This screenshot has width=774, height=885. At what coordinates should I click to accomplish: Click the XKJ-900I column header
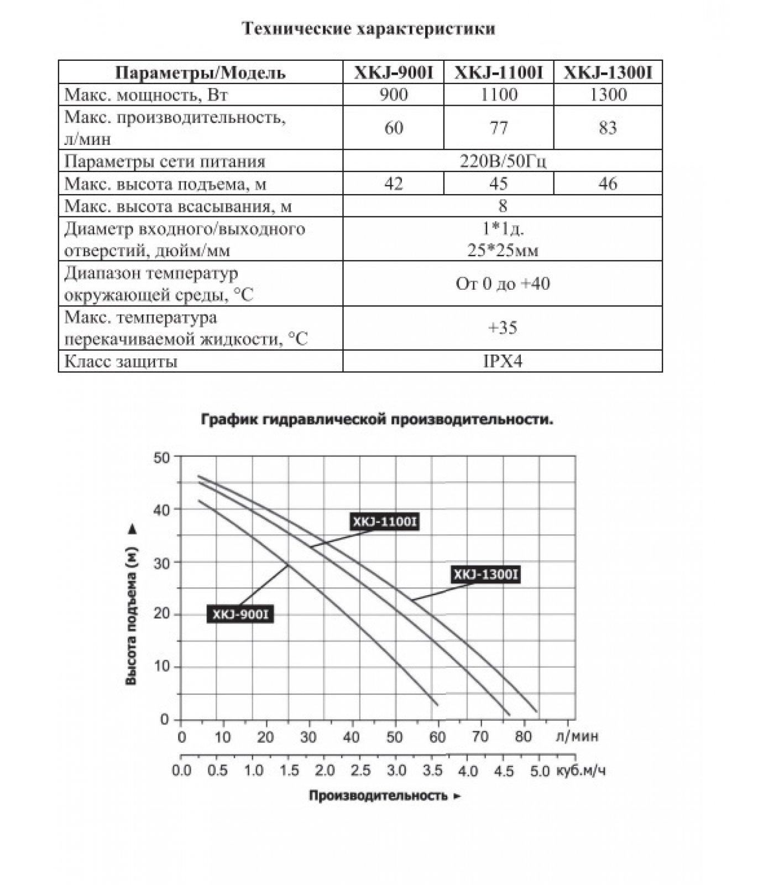click(x=393, y=72)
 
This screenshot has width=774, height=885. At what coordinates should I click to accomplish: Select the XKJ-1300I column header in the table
click(x=608, y=72)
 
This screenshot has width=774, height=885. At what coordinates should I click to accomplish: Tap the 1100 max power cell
click(x=499, y=95)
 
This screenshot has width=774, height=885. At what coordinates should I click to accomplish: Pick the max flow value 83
click(x=608, y=128)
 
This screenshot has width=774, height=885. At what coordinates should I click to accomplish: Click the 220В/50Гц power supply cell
click(x=503, y=162)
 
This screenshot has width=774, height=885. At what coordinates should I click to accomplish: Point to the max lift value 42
click(x=393, y=184)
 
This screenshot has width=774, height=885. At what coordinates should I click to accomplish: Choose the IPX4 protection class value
click(x=503, y=362)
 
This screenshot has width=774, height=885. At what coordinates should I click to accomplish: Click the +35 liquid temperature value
click(x=503, y=328)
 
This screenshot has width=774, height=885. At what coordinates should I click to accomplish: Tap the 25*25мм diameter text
click(x=503, y=251)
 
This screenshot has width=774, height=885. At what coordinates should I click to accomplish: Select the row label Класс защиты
click(x=121, y=362)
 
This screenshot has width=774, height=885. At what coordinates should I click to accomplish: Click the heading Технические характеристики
click(x=369, y=29)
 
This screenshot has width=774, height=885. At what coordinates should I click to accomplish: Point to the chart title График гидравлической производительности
click(x=376, y=419)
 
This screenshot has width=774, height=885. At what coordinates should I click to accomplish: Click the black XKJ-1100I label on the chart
click(x=385, y=522)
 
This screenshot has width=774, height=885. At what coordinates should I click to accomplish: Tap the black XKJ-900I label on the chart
click(x=240, y=614)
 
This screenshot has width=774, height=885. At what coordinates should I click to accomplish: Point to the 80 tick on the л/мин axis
click(x=523, y=737)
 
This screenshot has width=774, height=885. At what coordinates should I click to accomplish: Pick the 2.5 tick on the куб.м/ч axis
click(x=360, y=771)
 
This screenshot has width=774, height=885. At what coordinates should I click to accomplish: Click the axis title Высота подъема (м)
click(x=132, y=617)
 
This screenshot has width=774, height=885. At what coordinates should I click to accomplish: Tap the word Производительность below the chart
click(x=378, y=796)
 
